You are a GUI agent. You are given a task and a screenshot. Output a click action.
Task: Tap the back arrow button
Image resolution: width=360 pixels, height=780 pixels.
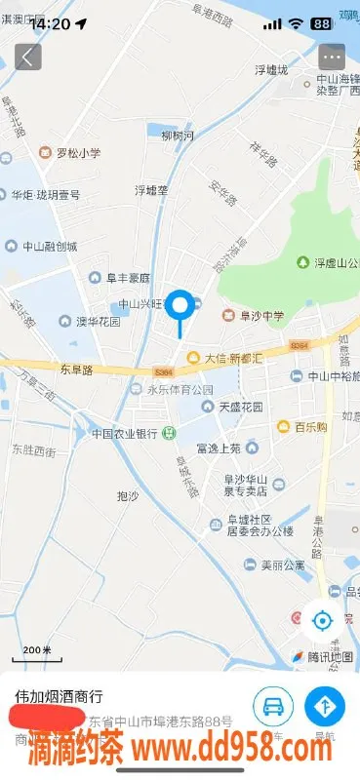pos(27,56)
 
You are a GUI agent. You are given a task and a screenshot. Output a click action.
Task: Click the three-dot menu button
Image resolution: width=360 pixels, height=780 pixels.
pos(332,56)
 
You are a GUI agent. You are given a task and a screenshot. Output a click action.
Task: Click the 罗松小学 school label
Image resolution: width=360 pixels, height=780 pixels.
pos(70,153)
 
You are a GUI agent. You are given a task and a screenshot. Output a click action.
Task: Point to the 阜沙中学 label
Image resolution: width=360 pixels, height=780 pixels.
pos(256,315)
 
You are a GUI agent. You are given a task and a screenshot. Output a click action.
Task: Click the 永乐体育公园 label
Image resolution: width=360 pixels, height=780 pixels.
pos(173,389)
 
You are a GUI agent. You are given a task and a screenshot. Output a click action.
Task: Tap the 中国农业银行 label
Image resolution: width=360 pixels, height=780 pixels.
pos(125,433)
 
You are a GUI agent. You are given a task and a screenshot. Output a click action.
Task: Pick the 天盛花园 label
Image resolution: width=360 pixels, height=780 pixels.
pos(234,406)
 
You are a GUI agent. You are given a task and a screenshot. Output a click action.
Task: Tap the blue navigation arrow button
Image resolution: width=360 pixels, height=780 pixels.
pos(325,705)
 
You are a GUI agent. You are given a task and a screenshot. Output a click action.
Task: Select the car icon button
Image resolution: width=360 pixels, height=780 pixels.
pos(274,705)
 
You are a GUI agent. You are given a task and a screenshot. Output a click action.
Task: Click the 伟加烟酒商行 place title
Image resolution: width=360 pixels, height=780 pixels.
pos(59,697)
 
